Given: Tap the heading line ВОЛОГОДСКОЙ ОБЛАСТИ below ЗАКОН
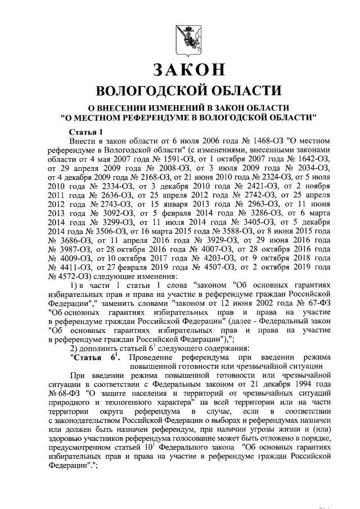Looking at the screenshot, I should tap(188, 91).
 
